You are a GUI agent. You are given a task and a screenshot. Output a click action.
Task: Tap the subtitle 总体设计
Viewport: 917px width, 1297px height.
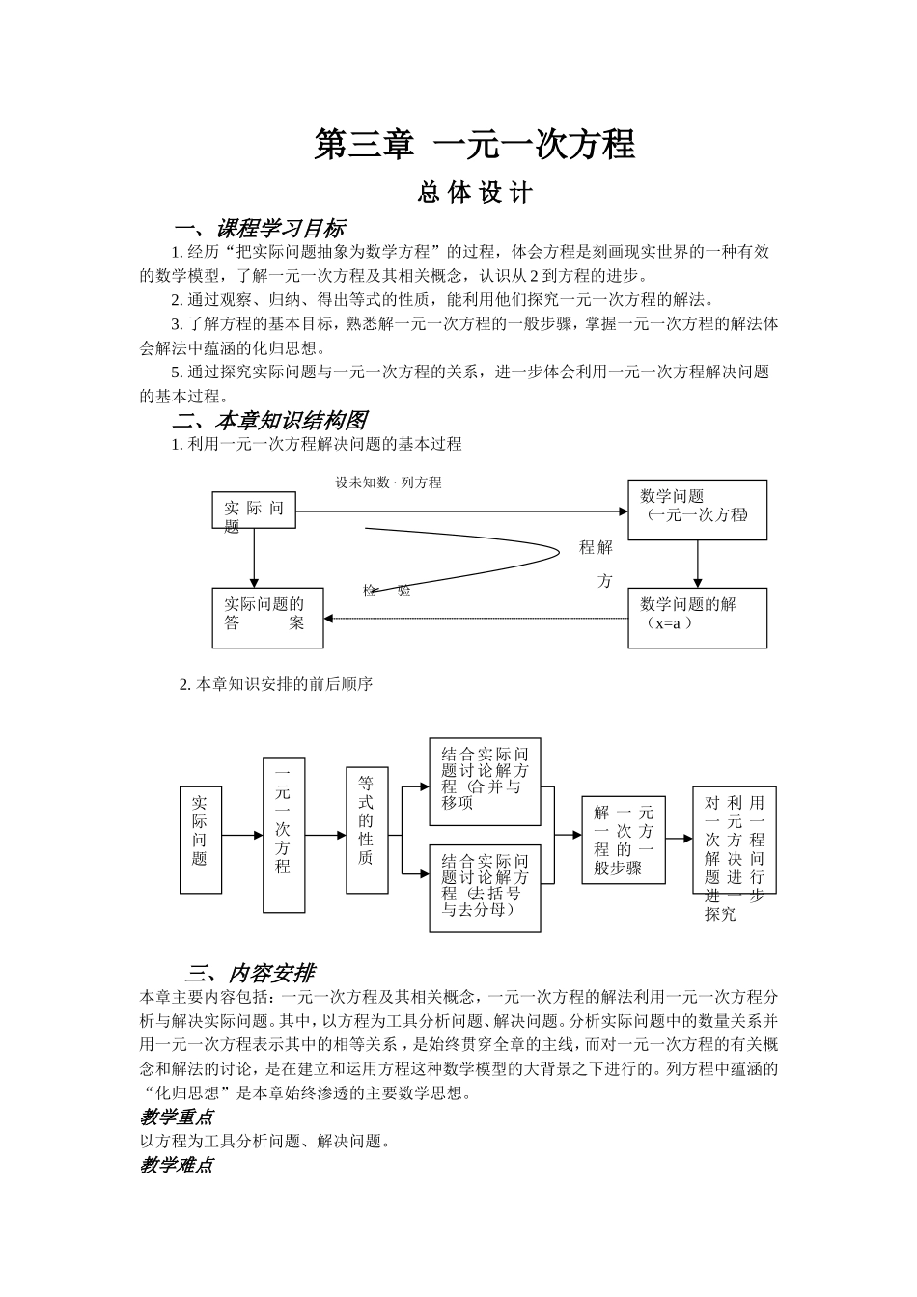click(475, 193)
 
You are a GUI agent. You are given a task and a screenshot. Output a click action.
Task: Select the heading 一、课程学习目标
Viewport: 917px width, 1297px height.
click(259, 229)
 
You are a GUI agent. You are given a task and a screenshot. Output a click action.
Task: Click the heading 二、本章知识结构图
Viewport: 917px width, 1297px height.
click(269, 421)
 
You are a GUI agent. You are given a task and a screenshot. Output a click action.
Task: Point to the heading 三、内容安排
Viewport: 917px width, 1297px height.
click(250, 973)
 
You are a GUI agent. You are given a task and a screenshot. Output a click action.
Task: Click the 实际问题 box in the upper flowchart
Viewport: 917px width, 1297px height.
click(254, 510)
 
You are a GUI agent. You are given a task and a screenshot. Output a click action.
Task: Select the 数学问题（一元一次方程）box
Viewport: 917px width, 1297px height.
click(697, 509)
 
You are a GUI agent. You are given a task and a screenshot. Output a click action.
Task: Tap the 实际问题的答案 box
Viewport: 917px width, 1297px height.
click(267, 618)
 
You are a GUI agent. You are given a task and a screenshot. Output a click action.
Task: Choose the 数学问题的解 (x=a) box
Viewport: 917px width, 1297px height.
click(697, 617)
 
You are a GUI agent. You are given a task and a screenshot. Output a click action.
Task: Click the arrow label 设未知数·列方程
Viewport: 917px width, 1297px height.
click(388, 482)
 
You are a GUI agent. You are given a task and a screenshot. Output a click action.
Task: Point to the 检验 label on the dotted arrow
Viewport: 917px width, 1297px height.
click(386, 591)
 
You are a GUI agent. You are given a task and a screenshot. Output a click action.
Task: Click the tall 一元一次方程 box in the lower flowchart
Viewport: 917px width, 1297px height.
click(284, 834)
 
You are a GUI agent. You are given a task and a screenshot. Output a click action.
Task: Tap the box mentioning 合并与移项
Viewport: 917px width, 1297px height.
click(485, 782)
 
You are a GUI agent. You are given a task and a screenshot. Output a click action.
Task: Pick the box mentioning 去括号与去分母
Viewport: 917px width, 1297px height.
click(485, 888)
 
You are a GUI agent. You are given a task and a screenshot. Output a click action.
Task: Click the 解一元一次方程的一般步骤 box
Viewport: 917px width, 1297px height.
click(624, 840)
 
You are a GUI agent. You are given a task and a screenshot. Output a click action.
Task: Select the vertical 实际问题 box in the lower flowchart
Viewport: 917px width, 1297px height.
click(200, 840)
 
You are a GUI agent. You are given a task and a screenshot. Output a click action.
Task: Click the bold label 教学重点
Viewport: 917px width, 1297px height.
click(177, 1117)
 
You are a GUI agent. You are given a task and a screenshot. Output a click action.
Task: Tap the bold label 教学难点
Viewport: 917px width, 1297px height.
click(177, 1165)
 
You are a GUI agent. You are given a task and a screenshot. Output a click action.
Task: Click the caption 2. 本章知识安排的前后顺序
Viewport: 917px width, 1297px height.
click(276, 684)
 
